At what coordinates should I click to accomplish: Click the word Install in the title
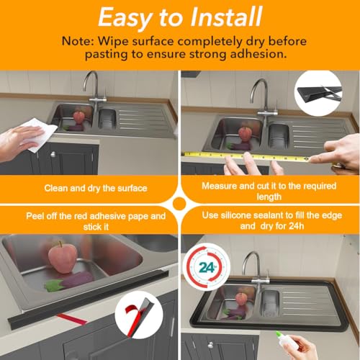click(226, 17)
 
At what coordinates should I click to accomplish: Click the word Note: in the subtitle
click(77, 41)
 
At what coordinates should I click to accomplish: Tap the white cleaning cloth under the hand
click(41, 135)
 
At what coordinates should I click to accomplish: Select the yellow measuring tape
click(247, 156)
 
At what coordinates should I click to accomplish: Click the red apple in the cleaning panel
click(78, 117)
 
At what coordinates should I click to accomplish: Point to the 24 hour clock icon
click(207, 267)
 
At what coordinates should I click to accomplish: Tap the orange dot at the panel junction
click(179, 204)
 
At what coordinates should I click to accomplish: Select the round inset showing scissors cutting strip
click(318, 93)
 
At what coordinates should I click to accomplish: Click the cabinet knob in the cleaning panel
click(53, 154)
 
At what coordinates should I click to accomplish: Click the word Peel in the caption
click(35, 216)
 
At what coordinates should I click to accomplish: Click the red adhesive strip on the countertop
click(72, 318)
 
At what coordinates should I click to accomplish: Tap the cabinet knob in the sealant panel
click(210, 346)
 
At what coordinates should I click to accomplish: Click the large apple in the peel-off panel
click(63, 257)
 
